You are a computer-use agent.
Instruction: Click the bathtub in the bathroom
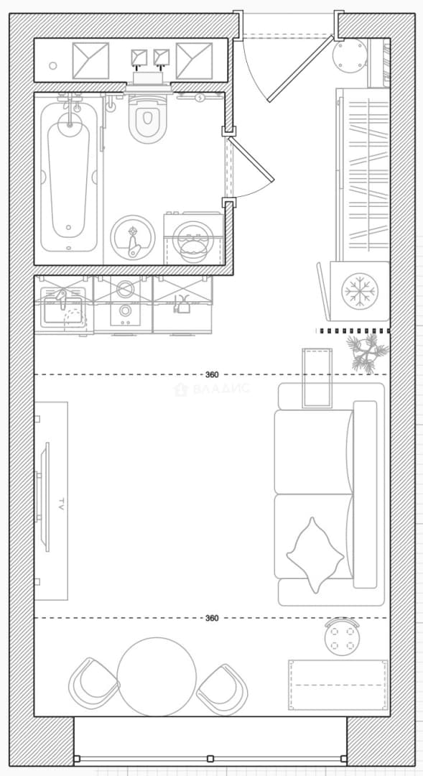[x=68, y=173]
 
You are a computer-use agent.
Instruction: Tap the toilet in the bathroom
[x=147, y=119]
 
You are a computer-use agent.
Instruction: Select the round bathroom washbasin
[x=133, y=237]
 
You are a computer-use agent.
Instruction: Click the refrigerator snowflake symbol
[x=360, y=292]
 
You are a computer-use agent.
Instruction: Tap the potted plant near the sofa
[x=367, y=352]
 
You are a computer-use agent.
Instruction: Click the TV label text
[x=61, y=504]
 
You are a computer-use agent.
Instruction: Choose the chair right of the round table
[x=222, y=689]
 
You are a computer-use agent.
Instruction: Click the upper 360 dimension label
[x=212, y=375]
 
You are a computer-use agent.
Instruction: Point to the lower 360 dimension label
[x=212, y=618]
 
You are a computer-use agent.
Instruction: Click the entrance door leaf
[x=300, y=68]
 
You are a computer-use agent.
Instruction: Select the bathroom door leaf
[x=251, y=160]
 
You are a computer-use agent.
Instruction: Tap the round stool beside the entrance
[x=349, y=55]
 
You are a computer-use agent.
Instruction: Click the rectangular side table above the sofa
[x=317, y=378]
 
